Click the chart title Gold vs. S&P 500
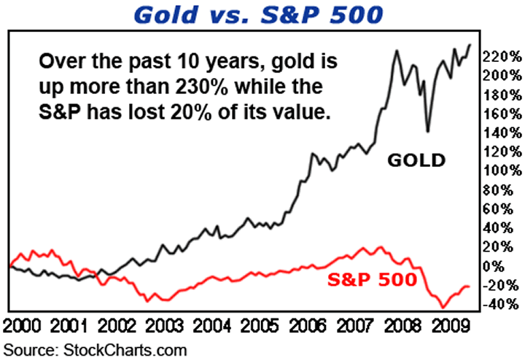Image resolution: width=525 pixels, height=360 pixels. pyautogui.click(x=263, y=15)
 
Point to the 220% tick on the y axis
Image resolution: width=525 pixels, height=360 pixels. pyautogui.click(x=503, y=56)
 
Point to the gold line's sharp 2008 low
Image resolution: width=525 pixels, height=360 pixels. pyautogui.click(x=428, y=131)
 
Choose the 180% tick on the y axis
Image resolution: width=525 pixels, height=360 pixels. pyautogui.click(x=503, y=95)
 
